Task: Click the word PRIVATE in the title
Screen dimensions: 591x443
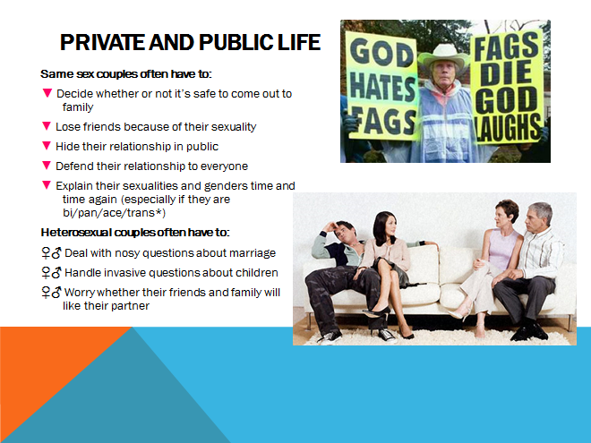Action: pos(102,42)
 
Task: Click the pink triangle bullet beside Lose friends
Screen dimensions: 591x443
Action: pos(47,126)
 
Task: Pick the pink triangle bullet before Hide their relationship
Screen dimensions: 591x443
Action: pos(47,145)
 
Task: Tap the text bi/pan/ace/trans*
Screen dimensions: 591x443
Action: pos(115,213)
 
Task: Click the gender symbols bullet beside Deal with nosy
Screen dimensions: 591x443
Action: pos(51,252)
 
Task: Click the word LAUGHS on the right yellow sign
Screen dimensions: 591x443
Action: pos(507,127)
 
